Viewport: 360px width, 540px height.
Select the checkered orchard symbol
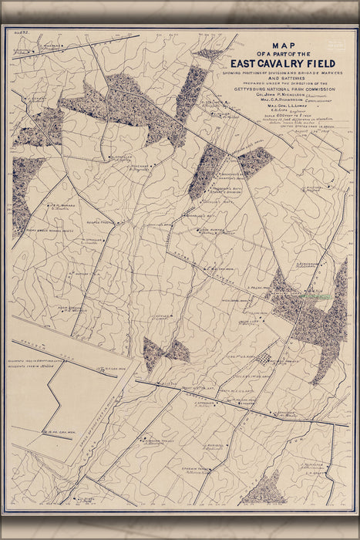264,358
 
